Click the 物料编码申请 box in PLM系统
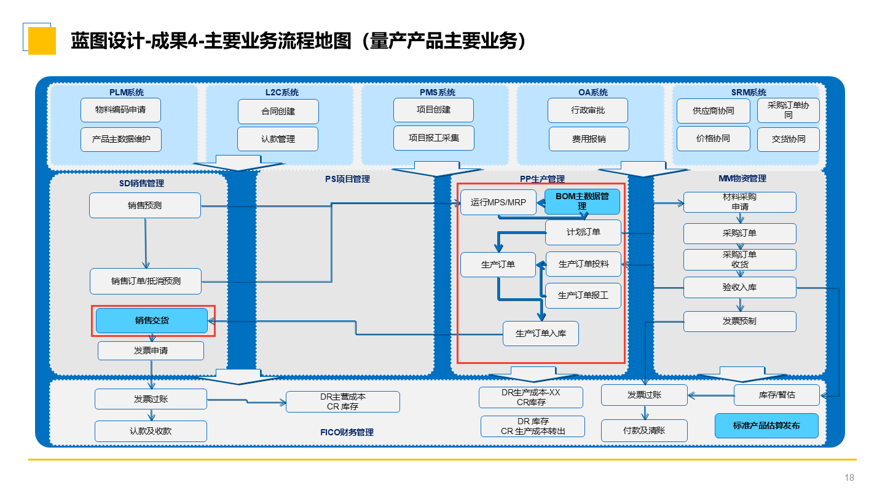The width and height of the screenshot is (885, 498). pyautogui.click(x=120, y=110)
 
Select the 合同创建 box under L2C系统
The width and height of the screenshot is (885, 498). pyautogui.click(x=278, y=111)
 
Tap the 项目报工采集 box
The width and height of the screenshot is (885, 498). pyautogui.click(x=433, y=138)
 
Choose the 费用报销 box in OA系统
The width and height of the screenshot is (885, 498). pyautogui.click(x=589, y=139)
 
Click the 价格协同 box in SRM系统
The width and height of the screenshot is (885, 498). pyautogui.click(x=713, y=138)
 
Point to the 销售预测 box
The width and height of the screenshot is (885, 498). pyautogui.click(x=145, y=205)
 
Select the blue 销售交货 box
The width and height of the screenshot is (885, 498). pyautogui.click(x=152, y=320)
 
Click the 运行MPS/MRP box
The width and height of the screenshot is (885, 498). pyautogui.click(x=498, y=202)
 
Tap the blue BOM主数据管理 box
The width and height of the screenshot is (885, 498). pyautogui.click(x=582, y=202)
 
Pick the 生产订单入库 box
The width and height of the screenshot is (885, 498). pyautogui.click(x=540, y=333)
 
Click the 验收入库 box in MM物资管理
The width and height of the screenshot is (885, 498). pyautogui.click(x=739, y=287)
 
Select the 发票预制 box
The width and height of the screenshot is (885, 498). pyautogui.click(x=739, y=321)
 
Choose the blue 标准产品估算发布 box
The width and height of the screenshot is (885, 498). pyautogui.click(x=766, y=425)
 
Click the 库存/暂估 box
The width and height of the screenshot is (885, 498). pyautogui.click(x=776, y=395)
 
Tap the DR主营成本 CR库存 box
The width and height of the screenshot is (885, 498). pyautogui.click(x=342, y=401)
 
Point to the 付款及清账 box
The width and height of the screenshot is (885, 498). pyautogui.click(x=644, y=430)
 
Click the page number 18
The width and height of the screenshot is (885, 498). pyautogui.click(x=849, y=478)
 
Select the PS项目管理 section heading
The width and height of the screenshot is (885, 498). pyautogui.click(x=347, y=179)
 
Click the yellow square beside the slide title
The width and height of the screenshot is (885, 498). pyautogui.click(x=42, y=41)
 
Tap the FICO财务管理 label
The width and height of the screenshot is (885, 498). pyautogui.click(x=347, y=432)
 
